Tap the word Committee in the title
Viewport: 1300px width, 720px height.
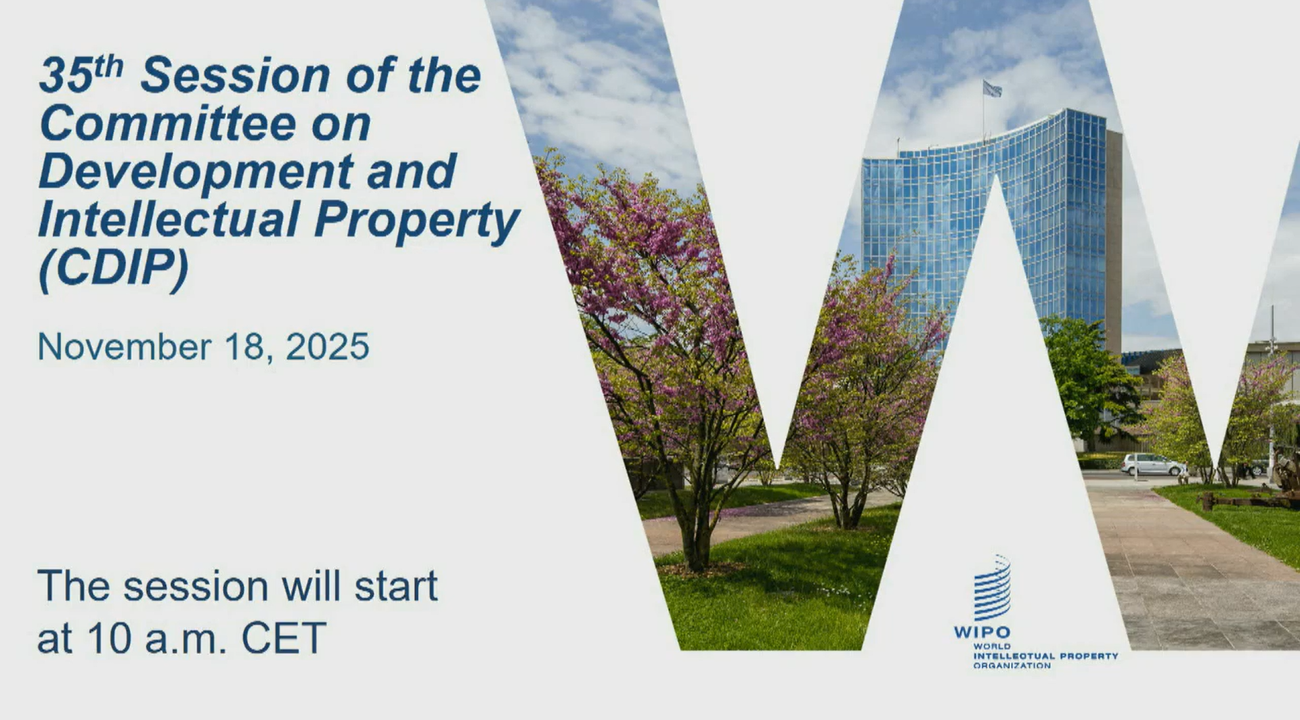coord(168,123)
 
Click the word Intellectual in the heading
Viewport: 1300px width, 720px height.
coord(169,220)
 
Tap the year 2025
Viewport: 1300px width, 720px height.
coord(327,346)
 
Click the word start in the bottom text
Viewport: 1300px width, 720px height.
coord(396,586)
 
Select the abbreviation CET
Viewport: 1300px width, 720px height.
coord(284,637)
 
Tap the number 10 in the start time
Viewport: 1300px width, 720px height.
coord(109,637)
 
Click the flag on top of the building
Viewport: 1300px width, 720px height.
coord(992,89)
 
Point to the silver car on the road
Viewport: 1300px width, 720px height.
coord(1153,464)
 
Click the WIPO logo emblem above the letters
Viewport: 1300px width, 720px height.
coord(992,587)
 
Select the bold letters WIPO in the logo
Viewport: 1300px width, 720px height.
coord(982,632)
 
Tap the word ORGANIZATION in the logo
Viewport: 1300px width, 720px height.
coord(1012,666)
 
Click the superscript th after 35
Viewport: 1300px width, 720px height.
coord(108,66)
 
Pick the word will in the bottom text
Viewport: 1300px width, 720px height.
coord(311,586)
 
